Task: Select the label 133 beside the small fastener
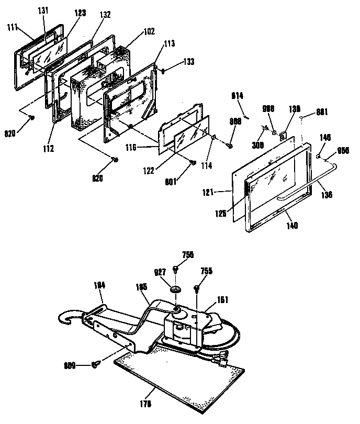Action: pyautogui.click(x=174, y=61)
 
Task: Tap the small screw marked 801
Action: pyautogui.click(x=193, y=163)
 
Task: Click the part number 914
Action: pyautogui.click(x=238, y=96)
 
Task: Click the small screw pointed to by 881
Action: pyautogui.click(x=304, y=119)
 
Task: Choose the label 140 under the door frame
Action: pyautogui.click(x=292, y=226)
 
